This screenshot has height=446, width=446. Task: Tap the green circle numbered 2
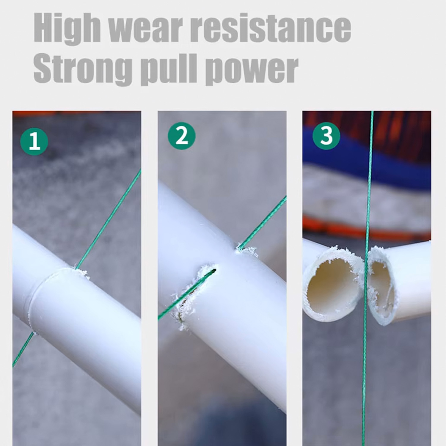(181, 136)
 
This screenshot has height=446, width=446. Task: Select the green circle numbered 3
(326, 135)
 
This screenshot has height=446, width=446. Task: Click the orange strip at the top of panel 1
(77, 113)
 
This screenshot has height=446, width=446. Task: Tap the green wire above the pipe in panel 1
(109, 219)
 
